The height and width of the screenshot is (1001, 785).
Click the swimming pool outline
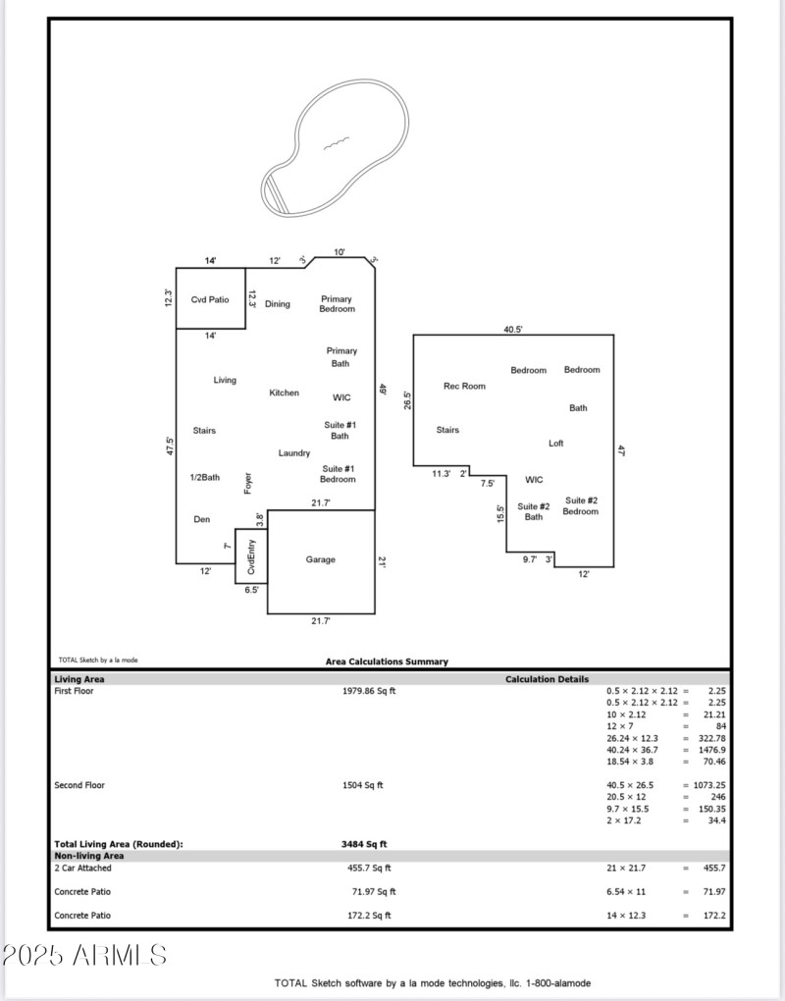[336, 147]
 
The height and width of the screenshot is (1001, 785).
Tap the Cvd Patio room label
[209, 299]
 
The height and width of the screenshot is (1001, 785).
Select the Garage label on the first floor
[320, 559]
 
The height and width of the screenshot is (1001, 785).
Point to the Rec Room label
[464, 386]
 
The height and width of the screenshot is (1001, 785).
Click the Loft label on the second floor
[556, 443]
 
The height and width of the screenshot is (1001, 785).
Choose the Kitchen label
[285, 393]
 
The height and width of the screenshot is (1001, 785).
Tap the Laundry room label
[294, 452]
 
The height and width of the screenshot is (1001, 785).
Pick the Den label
[201, 519]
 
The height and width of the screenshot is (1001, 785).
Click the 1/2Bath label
[205, 477]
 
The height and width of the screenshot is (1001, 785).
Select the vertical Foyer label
[247, 483]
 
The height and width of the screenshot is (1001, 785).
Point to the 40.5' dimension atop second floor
[513, 330]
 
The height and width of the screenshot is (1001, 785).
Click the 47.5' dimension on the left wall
[170, 447]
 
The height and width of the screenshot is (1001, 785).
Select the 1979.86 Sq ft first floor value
[369, 691]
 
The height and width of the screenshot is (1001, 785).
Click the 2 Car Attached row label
[83, 868]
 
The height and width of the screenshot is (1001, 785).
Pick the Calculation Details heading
[548, 679]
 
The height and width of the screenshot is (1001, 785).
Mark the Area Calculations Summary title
[387, 661]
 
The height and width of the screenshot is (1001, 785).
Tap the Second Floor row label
[79, 785]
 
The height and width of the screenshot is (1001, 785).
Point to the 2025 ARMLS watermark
[85, 955]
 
